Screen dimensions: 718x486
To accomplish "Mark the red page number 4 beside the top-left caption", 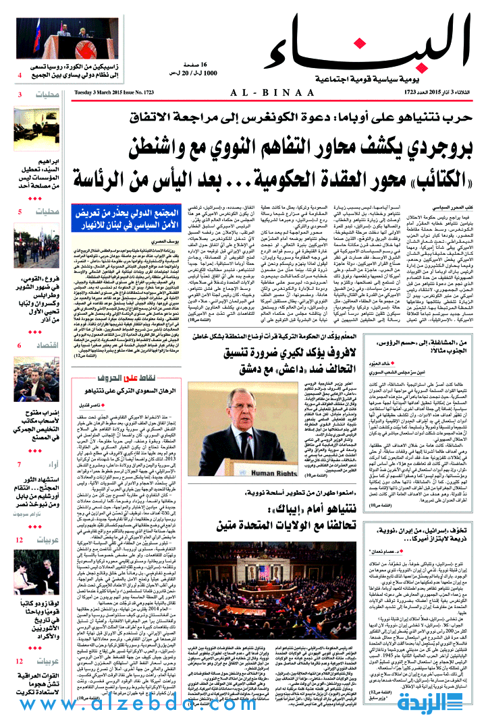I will click(x=20, y=75).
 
